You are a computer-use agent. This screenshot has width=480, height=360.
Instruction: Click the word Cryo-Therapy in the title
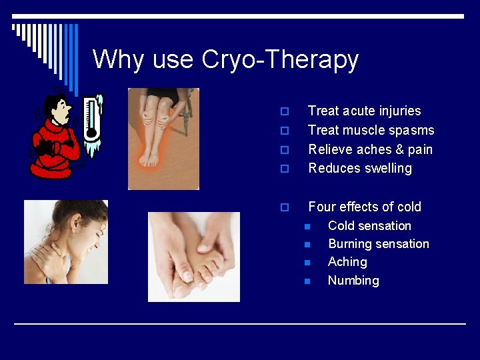click(280, 60)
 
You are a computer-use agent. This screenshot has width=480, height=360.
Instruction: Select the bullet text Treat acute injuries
click(364, 111)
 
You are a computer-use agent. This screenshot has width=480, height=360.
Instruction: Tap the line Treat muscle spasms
click(371, 130)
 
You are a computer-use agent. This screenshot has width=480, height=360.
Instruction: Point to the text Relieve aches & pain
click(370, 149)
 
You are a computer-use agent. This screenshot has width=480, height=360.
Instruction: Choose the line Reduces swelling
click(360, 168)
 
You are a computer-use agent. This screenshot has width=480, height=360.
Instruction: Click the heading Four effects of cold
click(364, 207)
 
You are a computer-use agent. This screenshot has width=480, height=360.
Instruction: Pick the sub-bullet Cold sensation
click(369, 226)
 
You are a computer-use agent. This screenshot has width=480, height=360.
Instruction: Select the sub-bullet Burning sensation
click(378, 244)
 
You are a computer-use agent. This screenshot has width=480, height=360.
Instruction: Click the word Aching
click(347, 262)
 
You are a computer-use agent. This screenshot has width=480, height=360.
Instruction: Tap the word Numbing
click(353, 281)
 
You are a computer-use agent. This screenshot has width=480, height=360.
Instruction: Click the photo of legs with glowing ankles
click(163, 139)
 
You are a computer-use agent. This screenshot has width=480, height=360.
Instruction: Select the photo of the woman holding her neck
click(66, 242)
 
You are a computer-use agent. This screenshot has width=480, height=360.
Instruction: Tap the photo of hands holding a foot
click(193, 257)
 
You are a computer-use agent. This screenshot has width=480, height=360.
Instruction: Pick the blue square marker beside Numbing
click(307, 281)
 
